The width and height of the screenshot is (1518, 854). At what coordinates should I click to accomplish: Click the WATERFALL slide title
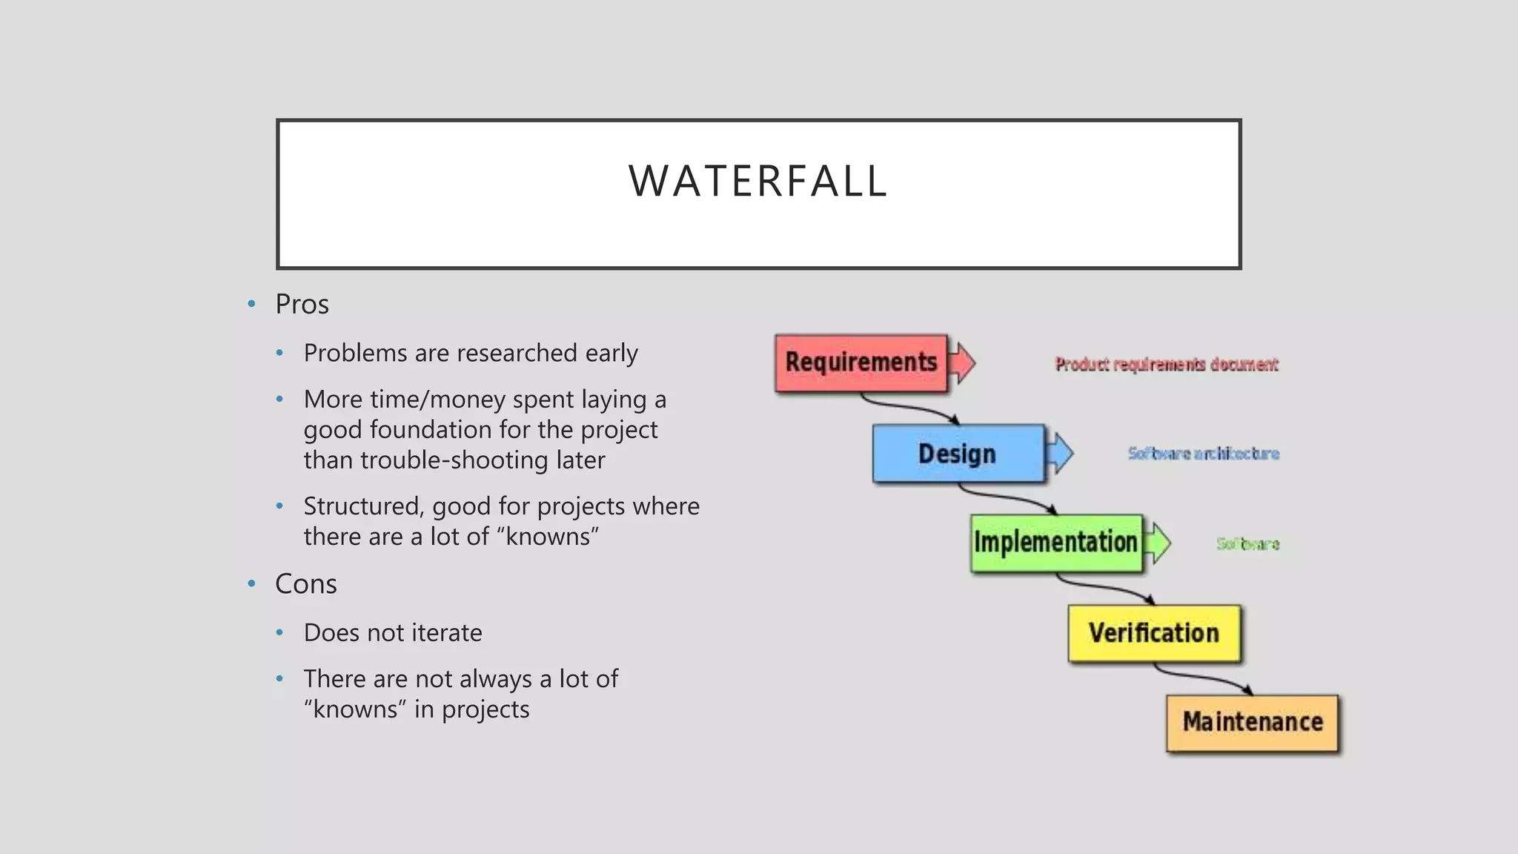(758, 181)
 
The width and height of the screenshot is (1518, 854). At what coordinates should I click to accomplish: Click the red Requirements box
(861, 363)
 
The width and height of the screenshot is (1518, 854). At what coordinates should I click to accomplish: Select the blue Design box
(958, 453)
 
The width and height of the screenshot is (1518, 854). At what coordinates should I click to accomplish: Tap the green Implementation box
(1055, 543)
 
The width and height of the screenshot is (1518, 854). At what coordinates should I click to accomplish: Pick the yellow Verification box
(1153, 633)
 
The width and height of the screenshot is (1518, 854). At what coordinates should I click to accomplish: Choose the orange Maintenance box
(1252, 722)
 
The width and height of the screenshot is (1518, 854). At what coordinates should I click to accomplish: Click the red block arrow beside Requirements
(963, 363)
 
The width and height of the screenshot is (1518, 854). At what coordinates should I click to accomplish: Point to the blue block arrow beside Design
(1061, 453)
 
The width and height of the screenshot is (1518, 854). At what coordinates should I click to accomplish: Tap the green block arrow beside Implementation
(1158, 543)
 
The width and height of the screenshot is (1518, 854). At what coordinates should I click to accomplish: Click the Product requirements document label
(1167, 365)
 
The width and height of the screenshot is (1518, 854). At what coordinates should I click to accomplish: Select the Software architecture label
(1203, 454)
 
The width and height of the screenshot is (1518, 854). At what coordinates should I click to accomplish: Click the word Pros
(302, 305)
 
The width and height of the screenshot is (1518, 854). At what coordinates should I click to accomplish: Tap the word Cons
(305, 584)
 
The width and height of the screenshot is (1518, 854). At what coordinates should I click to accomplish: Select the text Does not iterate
(393, 633)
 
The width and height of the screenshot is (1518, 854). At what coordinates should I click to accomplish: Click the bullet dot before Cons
(251, 584)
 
